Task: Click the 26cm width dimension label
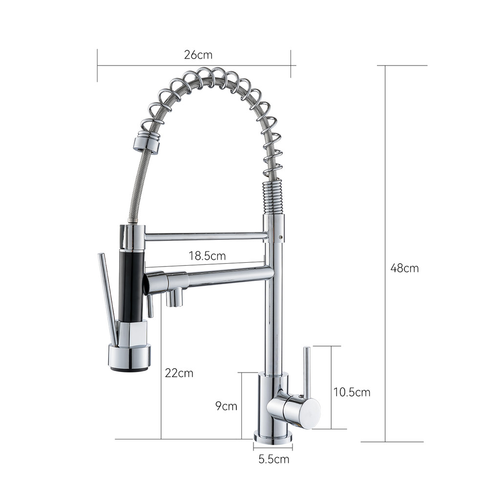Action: click(198, 55)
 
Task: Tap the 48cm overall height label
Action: click(404, 268)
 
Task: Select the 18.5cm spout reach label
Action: click(207, 256)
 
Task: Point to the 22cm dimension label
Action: click(179, 373)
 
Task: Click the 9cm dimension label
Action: click(226, 406)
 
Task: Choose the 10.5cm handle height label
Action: click(352, 392)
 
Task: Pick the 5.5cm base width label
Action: click(273, 459)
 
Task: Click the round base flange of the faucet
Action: click(273, 437)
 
